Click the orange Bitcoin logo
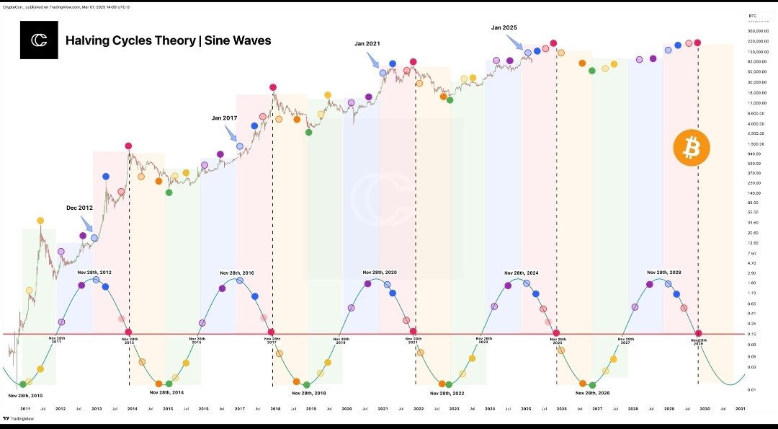[691, 148]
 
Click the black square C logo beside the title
[38, 40]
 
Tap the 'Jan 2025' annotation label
[504, 27]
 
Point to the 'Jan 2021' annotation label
[367, 43]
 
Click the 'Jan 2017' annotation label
[224, 118]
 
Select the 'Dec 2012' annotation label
[80, 208]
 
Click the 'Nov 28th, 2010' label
[25, 396]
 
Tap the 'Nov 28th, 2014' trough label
[166, 392]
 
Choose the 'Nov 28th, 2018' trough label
[309, 393]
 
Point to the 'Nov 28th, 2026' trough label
[593, 393]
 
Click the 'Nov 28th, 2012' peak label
[94, 273]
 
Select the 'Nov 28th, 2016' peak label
[237, 273]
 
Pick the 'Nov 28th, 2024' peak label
[522, 273]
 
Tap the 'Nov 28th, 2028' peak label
[663, 273]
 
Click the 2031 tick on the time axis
[740, 409]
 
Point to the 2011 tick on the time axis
[25, 409]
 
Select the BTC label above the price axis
[753, 15]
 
